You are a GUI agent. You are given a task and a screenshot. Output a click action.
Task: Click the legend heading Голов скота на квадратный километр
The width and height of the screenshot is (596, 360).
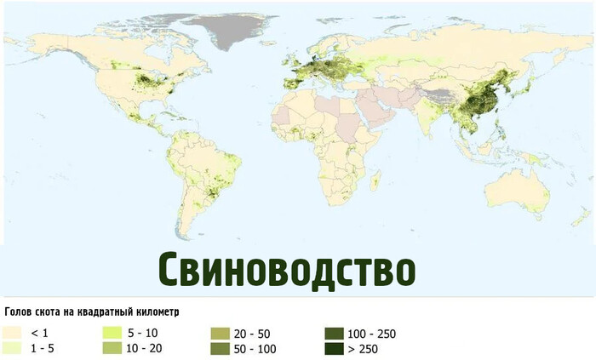(92, 312)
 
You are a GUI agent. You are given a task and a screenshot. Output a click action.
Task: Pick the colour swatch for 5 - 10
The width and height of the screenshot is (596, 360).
(113, 333)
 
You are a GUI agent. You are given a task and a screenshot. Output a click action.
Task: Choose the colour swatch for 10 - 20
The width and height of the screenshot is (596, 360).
(113, 348)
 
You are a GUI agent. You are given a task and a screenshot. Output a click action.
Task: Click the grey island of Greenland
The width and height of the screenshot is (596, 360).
(226, 30)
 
